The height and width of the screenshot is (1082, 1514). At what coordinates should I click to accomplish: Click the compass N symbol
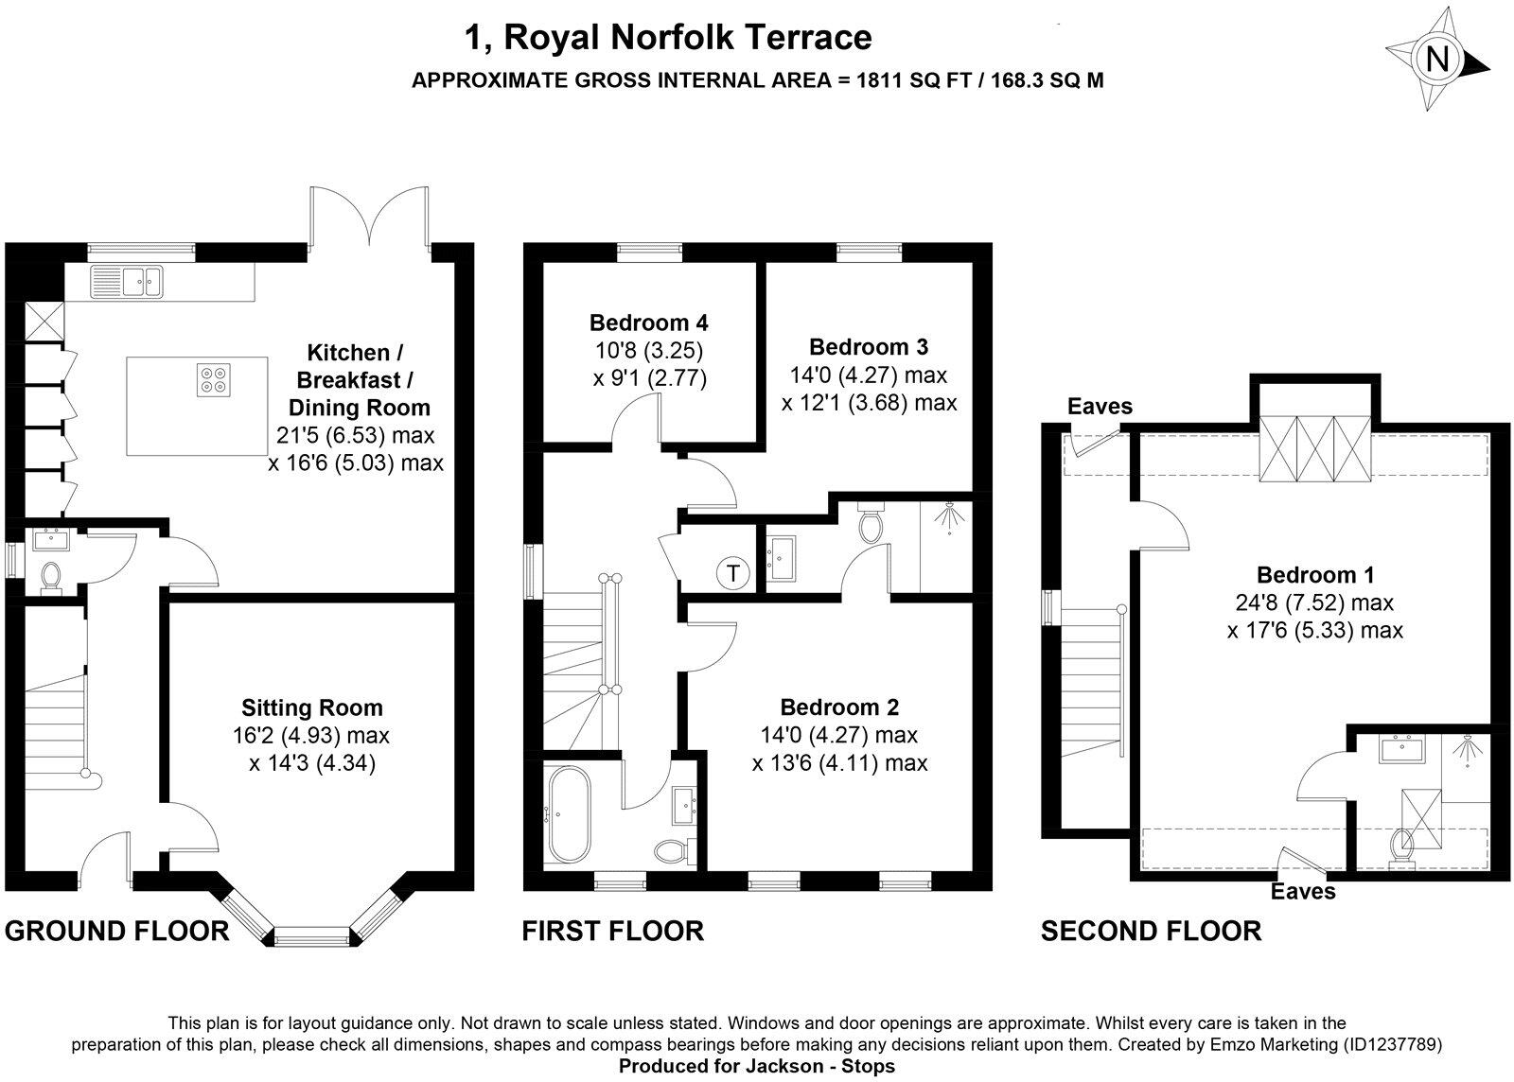[1437, 61]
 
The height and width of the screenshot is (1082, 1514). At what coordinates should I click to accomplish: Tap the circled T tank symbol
[732, 573]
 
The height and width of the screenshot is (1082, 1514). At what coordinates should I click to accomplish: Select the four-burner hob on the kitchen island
[211, 378]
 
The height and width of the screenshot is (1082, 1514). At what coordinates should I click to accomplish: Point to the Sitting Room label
[312, 707]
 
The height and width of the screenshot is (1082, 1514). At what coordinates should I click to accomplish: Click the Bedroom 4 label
[648, 322]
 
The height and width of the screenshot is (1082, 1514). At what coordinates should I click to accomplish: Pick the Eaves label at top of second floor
[1100, 407]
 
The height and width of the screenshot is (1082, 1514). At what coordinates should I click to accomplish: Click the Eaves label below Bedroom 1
[1303, 891]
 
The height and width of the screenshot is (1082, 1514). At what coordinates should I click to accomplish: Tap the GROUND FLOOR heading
[117, 931]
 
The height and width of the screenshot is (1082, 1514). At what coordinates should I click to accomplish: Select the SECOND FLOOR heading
[1151, 931]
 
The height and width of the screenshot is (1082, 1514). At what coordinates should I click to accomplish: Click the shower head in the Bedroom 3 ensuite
[948, 517]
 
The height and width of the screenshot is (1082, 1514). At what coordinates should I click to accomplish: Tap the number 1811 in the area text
[880, 80]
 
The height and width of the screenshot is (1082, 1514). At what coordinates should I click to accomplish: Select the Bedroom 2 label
[839, 707]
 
